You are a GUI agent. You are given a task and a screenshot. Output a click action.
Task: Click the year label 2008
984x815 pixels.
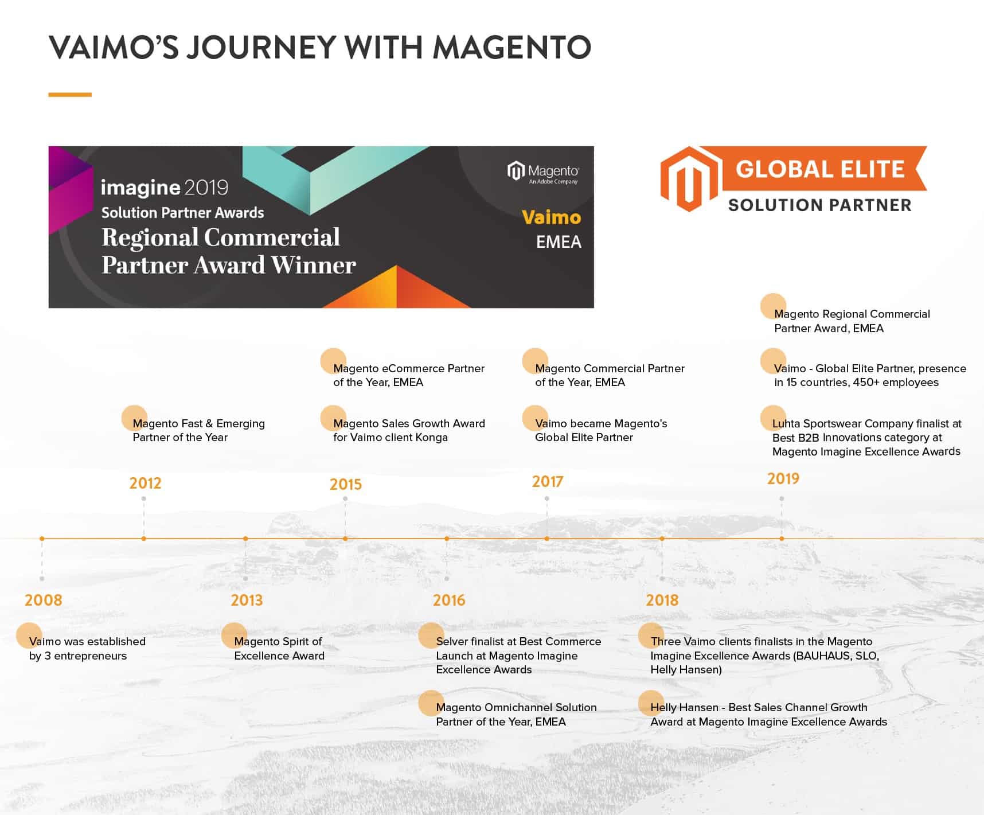click(x=44, y=600)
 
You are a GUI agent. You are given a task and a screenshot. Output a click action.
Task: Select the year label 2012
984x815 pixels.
click(x=145, y=483)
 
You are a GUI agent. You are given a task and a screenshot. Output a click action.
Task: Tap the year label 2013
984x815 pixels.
click(x=247, y=600)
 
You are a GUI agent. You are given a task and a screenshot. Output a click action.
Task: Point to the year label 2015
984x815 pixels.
click(x=346, y=484)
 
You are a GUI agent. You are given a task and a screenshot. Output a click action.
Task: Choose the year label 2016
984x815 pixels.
click(x=449, y=600)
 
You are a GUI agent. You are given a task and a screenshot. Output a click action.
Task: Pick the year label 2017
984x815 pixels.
click(x=548, y=481)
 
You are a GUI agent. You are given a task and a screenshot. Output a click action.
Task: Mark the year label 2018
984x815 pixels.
click(x=662, y=600)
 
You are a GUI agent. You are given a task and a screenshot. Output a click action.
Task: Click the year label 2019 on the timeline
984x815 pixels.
click(x=783, y=478)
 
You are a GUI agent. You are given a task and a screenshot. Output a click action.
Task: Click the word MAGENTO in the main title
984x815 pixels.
click(x=512, y=47)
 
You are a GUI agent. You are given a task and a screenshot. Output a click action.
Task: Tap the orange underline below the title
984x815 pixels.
click(x=70, y=95)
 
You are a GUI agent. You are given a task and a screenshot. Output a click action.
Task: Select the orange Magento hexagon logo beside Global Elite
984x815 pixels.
click(x=689, y=179)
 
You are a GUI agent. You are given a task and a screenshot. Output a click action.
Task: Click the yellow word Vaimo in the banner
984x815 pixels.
click(x=551, y=217)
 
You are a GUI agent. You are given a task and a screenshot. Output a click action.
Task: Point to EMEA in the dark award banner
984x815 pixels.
click(x=559, y=242)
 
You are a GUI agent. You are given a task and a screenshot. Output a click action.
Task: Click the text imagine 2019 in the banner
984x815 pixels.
click(x=165, y=188)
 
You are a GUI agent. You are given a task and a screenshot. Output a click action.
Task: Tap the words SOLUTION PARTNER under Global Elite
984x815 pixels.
click(x=819, y=205)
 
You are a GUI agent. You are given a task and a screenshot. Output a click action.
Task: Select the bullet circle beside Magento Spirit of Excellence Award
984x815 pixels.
click(x=234, y=635)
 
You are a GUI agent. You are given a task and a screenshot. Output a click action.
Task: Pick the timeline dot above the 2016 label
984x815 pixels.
click(x=447, y=539)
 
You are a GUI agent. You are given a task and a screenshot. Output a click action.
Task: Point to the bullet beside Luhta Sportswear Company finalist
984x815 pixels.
click(x=772, y=418)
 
